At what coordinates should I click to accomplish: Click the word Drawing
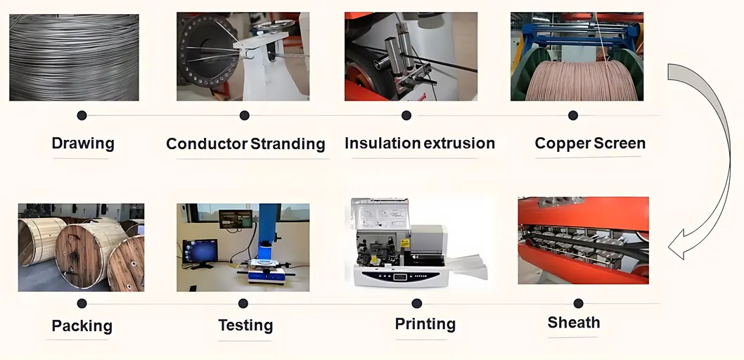pos(83,143)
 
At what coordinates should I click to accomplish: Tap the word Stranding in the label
pos(288,143)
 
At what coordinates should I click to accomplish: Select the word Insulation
pos(383,143)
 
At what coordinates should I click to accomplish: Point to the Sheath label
pos(574,323)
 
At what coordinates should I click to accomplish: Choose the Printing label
pos(425,324)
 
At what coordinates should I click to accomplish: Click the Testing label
pos(245,326)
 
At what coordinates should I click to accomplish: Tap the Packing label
pos(82,326)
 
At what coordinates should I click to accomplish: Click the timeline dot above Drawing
pos(82,115)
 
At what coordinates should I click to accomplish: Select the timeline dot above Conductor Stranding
pos(244,115)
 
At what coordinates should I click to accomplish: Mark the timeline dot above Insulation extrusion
pos(406,115)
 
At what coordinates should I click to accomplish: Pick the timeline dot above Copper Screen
pos(573,115)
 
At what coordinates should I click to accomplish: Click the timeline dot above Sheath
pos(579,304)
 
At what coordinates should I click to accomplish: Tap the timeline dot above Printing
pos(416,304)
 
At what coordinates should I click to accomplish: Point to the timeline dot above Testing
pos(243,304)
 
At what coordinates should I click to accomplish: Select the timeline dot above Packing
pos(82,304)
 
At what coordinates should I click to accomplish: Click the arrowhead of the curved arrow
pos(677,245)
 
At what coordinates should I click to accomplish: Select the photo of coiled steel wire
pos(74,58)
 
